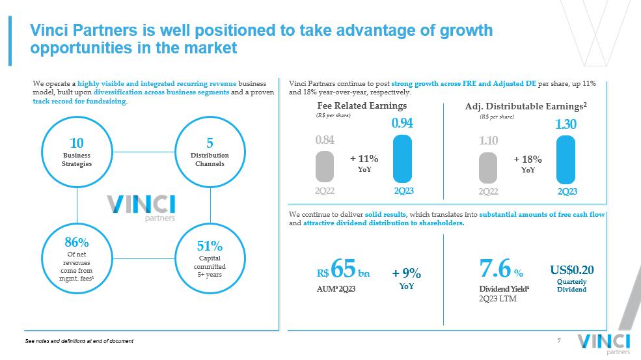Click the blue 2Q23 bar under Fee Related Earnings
(402, 158)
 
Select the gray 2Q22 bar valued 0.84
(325, 166)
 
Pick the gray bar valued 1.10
(489, 167)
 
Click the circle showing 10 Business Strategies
(77, 151)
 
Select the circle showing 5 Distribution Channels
(210, 151)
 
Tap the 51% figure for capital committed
(210, 246)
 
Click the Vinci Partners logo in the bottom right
(603, 344)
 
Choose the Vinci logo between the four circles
(143, 206)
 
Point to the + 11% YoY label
(364, 163)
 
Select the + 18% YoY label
(528, 163)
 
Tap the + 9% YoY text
(407, 278)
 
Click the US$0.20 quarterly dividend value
(571, 270)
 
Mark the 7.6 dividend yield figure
(494, 269)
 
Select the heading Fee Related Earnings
(362, 105)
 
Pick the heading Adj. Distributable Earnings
(526, 105)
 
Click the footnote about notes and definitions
(79, 342)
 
